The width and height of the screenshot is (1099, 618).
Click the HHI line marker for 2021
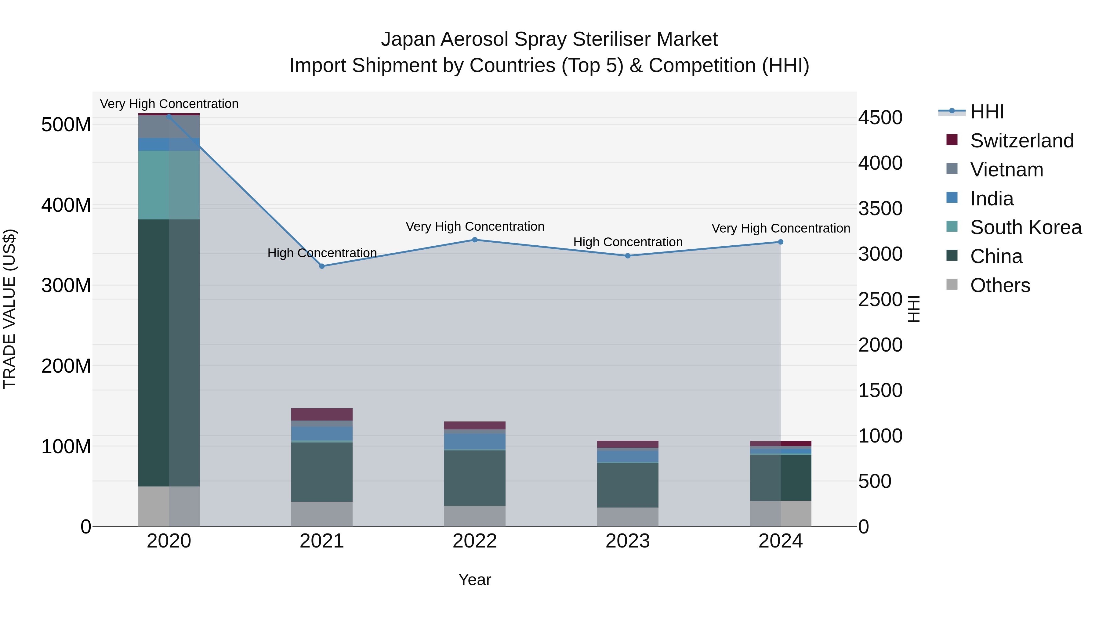[x=322, y=266]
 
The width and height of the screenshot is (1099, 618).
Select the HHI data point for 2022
[x=474, y=240]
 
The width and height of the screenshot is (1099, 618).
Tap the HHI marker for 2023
[x=628, y=256]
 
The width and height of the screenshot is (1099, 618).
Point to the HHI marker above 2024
[x=780, y=242]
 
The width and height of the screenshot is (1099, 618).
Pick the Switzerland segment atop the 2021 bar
[x=322, y=414]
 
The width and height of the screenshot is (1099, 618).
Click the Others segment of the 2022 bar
[x=474, y=516]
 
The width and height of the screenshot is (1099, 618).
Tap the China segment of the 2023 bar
[x=628, y=485]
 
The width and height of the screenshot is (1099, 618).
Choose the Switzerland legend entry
[x=1021, y=141]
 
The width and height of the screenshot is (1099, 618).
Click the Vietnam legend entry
[x=1007, y=170]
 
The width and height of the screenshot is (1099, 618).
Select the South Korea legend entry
[x=1026, y=227]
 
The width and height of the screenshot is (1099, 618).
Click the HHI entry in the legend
[x=987, y=112]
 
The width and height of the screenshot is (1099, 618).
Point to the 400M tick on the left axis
[x=66, y=205]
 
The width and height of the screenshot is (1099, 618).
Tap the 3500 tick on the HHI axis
[x=880, y=208]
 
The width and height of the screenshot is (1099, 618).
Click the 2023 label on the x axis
[x=628, y=541]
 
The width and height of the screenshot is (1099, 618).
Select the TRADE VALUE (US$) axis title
[x=9, y=309]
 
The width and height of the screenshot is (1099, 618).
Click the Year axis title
[x=474, y=580]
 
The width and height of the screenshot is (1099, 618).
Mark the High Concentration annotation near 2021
[x=322, y=253]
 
